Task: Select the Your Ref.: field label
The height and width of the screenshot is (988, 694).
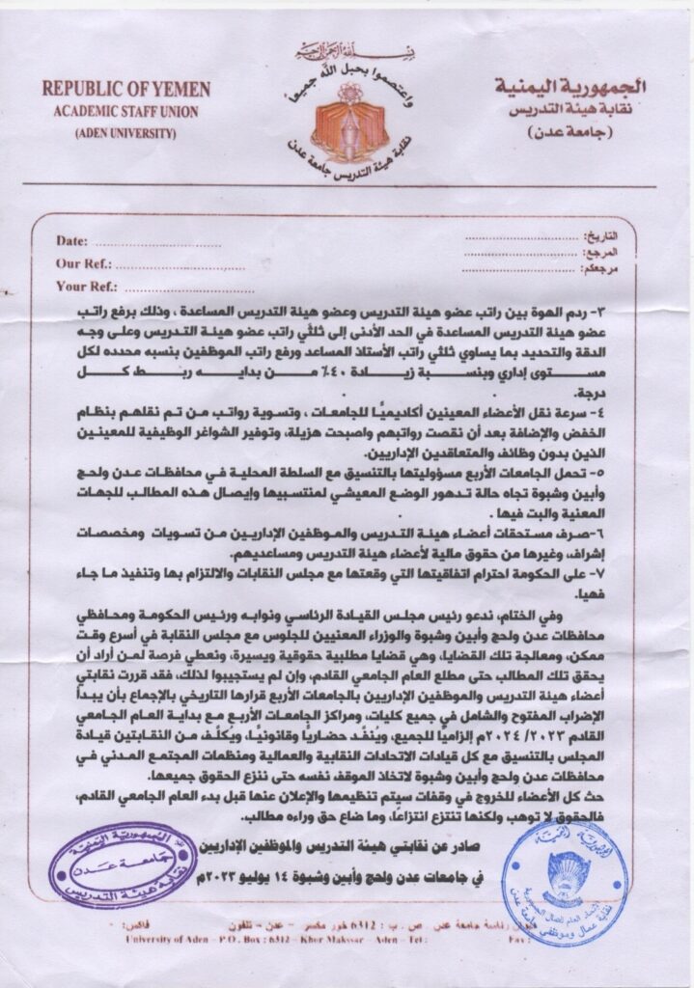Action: click(x=86, y=286)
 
